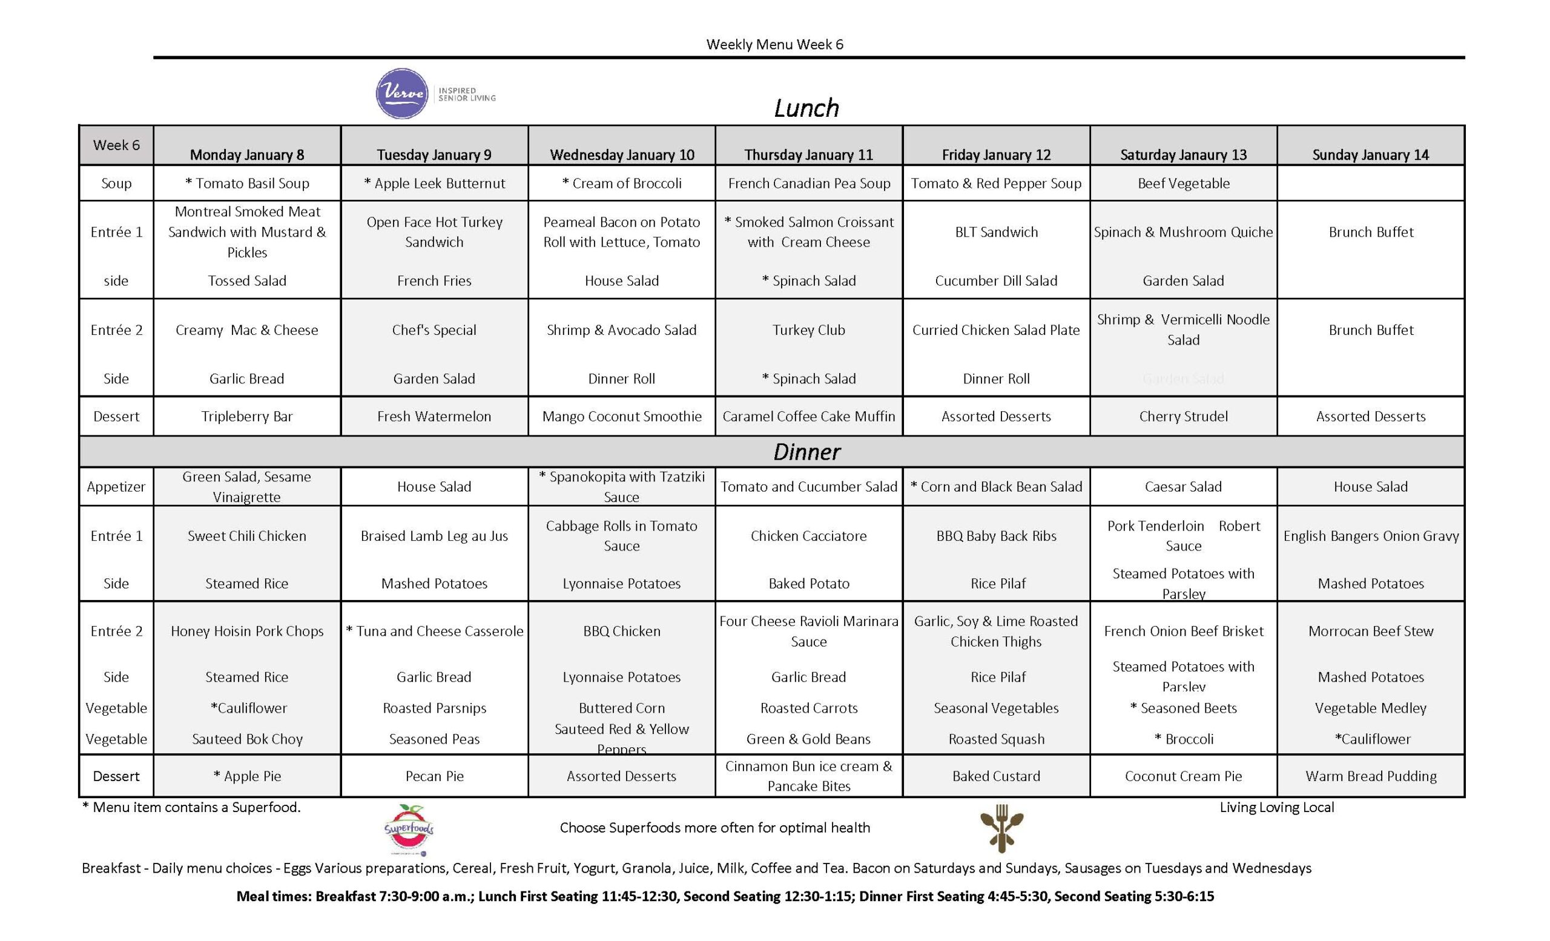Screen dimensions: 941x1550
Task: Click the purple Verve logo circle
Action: click(403, 94)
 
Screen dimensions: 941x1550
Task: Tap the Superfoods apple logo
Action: click(409, 829)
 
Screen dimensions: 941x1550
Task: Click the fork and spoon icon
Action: click(1001, 828)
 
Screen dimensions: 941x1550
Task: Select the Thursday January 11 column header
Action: click(808, 155)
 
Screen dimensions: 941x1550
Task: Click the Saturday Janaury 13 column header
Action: click(1183, 155)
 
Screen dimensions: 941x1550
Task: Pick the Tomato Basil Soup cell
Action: click(247, 183)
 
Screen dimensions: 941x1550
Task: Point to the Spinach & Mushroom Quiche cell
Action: click(1183, 232)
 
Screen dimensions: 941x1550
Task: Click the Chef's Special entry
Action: click(434, 330)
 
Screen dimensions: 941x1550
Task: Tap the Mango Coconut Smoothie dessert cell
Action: click(621, 416)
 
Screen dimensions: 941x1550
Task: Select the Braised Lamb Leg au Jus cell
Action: click(434, 536)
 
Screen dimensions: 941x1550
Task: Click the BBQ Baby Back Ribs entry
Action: click(997, 536)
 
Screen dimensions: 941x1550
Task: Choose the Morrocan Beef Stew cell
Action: click(1371, 631)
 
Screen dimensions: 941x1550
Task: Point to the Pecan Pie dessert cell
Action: click(434, 776)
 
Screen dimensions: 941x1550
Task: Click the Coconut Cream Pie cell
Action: click(1183, 776)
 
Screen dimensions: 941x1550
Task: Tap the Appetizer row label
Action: click(116, 486)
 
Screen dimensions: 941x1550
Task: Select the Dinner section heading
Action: click(807, 452)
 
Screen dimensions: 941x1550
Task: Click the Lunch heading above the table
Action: click(806, 108)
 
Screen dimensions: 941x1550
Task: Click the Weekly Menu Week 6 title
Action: click(774, 44)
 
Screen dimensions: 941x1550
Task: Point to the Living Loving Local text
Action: click(1276, 807)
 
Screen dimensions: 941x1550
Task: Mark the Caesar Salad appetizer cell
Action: click(1183, 486)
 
